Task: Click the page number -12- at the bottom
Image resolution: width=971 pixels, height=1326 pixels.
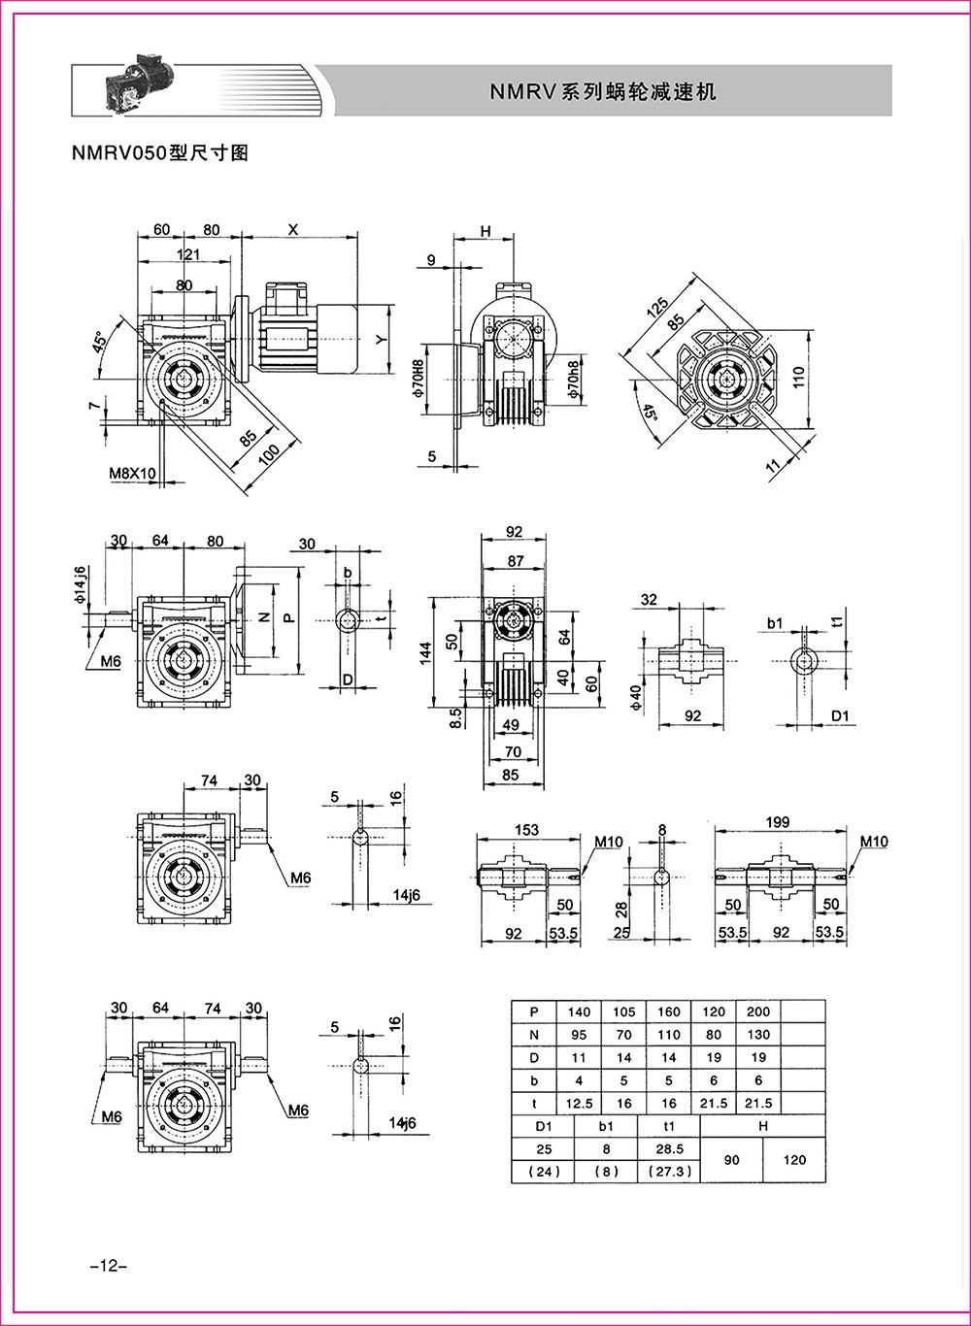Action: [x=101, y=1267]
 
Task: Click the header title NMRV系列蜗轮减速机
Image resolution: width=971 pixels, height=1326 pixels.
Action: [x=602, y=92]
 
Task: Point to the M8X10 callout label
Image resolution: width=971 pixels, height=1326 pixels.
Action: [x=133, y=473]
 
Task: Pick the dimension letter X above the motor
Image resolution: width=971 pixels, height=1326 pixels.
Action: [x=293, y=229]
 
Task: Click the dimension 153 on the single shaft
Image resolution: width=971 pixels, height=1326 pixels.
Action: [x=525, y=830]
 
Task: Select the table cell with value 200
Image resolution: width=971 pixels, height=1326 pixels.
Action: [x=758, y=1011]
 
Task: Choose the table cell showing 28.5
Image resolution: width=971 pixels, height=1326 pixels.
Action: [x=668, y=1148]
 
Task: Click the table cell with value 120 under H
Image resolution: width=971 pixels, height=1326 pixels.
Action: [x=794, y=1160]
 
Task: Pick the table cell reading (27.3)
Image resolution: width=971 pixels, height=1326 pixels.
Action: [x=668, y=1172]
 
